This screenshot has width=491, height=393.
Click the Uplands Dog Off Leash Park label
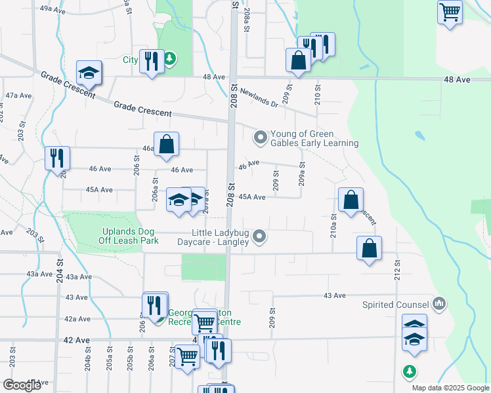point(130,236)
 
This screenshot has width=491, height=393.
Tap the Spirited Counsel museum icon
point(440,304)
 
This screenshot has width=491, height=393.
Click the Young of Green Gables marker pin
point(261,137)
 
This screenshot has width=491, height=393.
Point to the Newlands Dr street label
point(259,98)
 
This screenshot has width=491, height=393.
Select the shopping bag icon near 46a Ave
point(167,143)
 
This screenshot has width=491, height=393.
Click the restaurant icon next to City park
point(152,62)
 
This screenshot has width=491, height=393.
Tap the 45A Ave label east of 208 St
point(252,197)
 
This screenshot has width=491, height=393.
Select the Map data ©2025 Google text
point(450,388)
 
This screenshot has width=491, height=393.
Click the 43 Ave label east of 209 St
point(334,296)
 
